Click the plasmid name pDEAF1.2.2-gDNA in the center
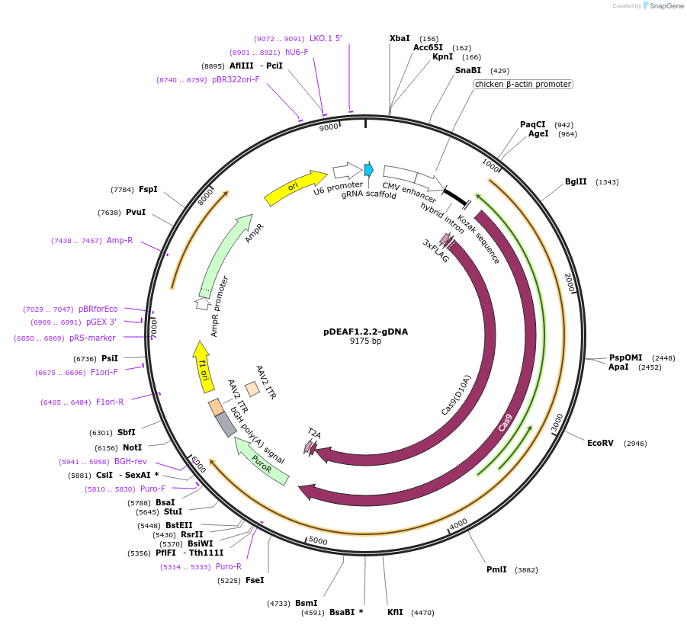coord(365,332)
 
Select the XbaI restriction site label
coord(400,38)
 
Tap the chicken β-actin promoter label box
coord(522,84)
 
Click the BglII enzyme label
coord(576,181)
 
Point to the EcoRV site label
coord(600,443)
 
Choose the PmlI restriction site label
coord(496,569)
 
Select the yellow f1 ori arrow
coord(202,364)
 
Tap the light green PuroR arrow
coord(262,462)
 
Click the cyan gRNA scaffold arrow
coord(369,169)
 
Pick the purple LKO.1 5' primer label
coord(326,38)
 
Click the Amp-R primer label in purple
coord(120,240)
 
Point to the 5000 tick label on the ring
coord(318,541)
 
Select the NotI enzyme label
coord(133,447)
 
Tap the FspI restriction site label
coord(148,189)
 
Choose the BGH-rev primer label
coord(130,461)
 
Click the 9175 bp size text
coord(365,341)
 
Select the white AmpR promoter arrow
coord(203,303)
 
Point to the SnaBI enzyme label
coord(468,70)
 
